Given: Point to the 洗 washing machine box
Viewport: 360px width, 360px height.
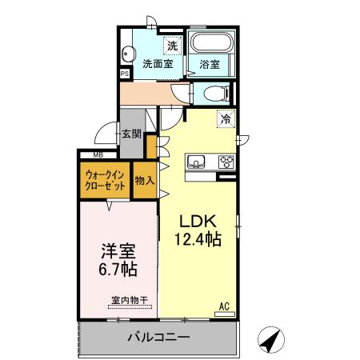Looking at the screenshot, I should tap(171, 45).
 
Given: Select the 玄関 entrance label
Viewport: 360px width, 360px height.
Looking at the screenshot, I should tap(132, 134).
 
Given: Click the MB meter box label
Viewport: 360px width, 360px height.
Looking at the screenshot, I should tap(98, 154).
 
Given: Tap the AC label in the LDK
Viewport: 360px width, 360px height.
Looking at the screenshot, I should tap(225, 305).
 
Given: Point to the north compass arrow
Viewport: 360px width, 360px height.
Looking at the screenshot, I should tap(274, 339).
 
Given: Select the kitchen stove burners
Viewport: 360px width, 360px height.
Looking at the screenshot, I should tap(226, 161).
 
